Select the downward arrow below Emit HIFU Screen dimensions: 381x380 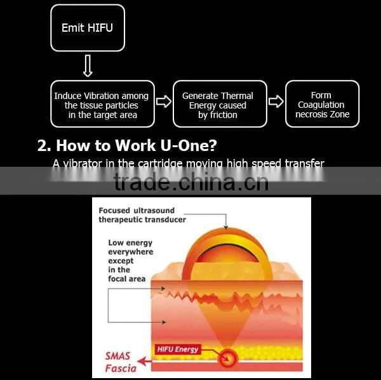tap(88, 65)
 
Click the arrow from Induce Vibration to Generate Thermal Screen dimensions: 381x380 tap(164, 102)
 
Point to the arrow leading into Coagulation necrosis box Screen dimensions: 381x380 tap(276, 102)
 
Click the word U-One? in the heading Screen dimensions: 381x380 tap(189, 145)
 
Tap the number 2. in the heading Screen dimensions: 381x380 tap(44, 146)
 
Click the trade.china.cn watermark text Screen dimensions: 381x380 tap(191, 181)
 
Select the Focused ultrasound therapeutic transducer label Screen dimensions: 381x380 tap(142, 215)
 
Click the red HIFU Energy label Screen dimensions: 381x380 tap(178, 349)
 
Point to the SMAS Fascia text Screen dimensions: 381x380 tap(121, 362)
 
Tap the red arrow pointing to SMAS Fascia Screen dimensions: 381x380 tap(144, 362)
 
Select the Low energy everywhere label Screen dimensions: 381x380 tap(130, 261)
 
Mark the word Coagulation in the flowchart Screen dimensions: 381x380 tap(321, 105)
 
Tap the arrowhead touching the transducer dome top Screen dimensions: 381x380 tap(225, 227)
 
